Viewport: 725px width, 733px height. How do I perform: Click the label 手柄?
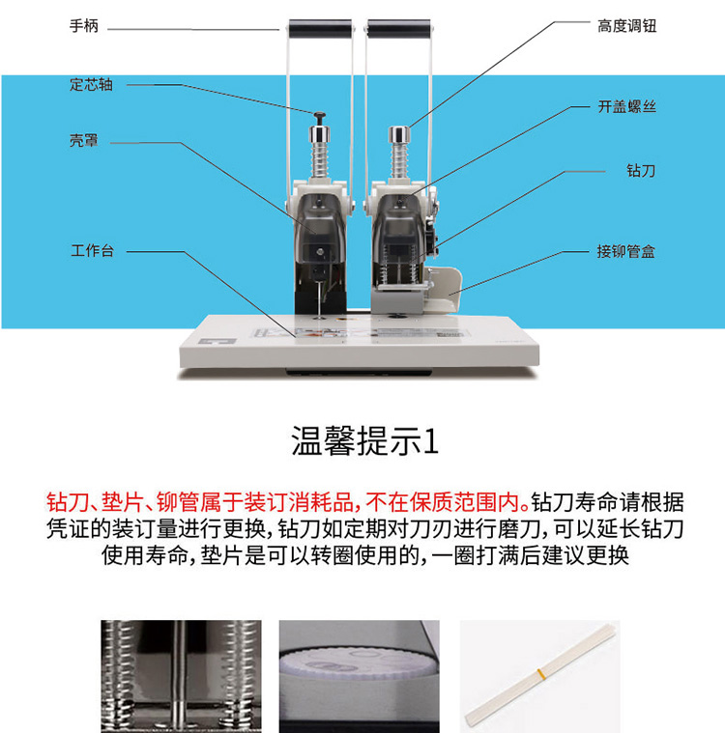(84, 26)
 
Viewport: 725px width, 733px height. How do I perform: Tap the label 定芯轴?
(91, 85)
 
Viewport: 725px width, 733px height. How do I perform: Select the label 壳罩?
(84, 140)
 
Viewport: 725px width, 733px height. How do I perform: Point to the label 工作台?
(92, 250)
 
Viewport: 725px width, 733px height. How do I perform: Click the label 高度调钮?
(626, 26)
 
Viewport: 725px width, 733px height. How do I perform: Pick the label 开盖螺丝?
(626, 106)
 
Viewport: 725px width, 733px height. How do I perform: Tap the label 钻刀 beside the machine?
(641, 170)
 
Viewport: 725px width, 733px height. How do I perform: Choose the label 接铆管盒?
(625, 251)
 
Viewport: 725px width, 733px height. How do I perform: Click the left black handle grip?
(320, 29)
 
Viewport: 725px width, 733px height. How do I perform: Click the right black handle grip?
(399, 29)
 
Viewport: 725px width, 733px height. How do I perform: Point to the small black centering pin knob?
(320, 118)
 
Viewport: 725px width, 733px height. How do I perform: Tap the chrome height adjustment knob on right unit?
(399, 134)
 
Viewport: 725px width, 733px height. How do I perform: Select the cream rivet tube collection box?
(444, 289)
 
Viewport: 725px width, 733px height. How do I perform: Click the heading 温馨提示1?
(364, 440)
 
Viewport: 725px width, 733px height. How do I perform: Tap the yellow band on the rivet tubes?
(540, 673)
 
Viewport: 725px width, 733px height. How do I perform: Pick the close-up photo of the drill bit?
(181, 676)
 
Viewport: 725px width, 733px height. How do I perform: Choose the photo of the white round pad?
(360, 676)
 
